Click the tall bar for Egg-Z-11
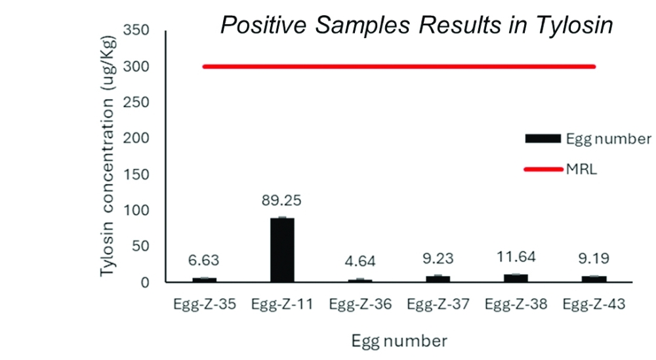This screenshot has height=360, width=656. coord(282,250)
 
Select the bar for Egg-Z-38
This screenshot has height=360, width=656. coord(516,278)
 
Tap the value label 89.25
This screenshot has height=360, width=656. coord(281,201)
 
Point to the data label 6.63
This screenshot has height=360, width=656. coord(204,260)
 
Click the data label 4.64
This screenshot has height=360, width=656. coord(360,261)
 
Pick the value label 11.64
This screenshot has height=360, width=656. coord(516,257)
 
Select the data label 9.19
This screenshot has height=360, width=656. coord(594,258)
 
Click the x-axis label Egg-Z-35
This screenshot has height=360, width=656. coord(205,304)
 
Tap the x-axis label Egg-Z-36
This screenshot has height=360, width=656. coord(360,304)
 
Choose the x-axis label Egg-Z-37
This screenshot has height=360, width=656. coord(438,304)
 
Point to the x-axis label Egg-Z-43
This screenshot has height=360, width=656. coord(594,304)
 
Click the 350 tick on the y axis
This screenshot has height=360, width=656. coord(136,30)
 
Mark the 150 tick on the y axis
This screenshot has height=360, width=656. coord(136,174)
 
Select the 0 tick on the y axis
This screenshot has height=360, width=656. coord(145,283)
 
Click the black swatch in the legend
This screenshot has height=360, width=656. coord(543,138)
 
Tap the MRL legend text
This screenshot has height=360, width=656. coord(581,169)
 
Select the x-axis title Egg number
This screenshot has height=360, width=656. coord(400,341)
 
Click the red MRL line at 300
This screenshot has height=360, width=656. coord(399,66)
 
